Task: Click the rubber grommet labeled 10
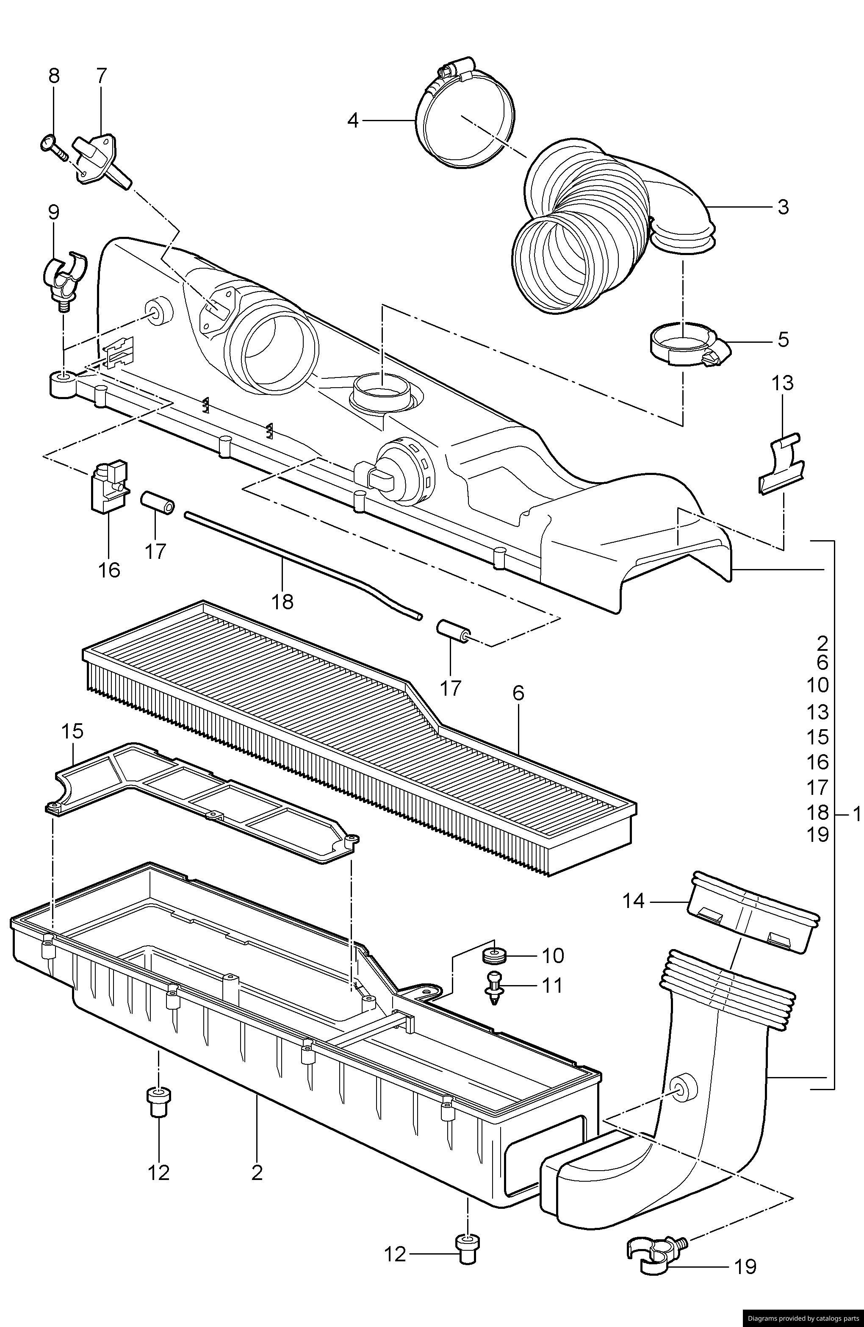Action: tap(494, 955)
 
